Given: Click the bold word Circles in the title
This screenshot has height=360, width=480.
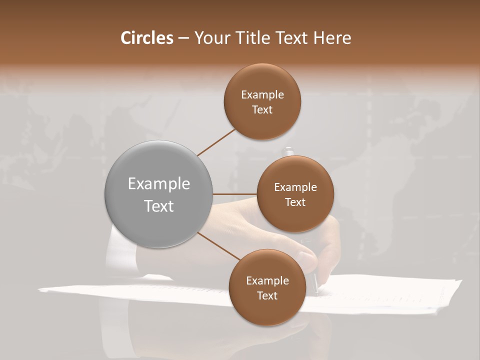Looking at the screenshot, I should [x=146, y=38].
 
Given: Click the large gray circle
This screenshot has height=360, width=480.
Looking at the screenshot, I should [x=159, y=194].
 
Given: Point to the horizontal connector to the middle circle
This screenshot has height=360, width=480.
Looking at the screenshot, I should [x=235, y=194].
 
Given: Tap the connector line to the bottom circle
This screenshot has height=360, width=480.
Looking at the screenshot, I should [x=218, y=246].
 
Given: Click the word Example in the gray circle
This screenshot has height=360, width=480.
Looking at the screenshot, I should [x=159, y=183].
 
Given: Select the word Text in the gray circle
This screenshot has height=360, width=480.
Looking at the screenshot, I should [x=159, y=206].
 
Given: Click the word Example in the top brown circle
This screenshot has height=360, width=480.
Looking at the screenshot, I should [x=262, y=94].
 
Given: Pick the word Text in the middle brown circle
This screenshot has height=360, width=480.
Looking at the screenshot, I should [x=295, y=202].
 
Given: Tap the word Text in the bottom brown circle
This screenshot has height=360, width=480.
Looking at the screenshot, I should [x=267, y=295].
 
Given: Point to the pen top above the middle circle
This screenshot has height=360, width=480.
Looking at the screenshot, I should [x=288, y=151].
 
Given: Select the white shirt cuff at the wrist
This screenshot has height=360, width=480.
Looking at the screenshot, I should [x=120, y=250].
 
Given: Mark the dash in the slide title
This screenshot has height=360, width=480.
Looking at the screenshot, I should [x=183, y=38].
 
